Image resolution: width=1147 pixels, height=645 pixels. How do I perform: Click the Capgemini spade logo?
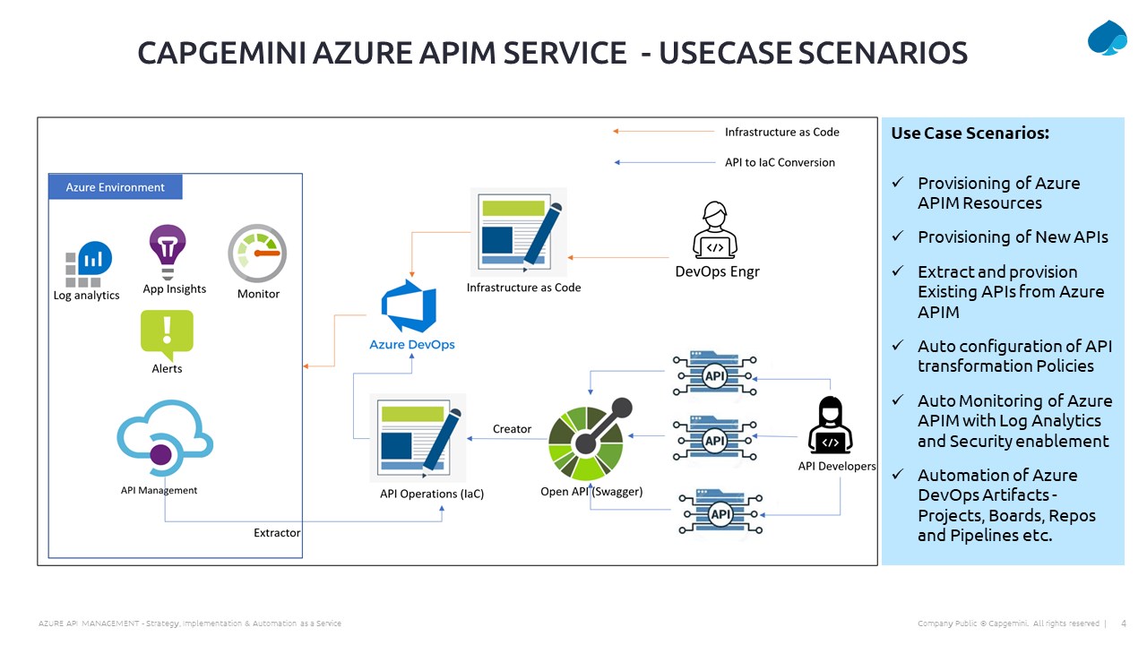[x=1107, y=38]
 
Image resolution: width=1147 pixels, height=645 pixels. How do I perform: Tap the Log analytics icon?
[x=89, y=263]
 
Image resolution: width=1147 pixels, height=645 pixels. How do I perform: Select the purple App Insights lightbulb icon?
[x=168, y=252]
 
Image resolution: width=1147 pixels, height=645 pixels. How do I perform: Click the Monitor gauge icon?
[x=257, y=254]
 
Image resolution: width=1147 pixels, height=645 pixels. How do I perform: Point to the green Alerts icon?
[x=167, y=334]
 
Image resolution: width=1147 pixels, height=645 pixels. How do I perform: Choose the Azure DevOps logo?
[x=409, y=306]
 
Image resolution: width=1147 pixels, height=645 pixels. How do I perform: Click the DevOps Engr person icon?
[x=715, y=230]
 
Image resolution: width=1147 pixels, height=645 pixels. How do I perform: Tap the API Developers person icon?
[x=830, y=425]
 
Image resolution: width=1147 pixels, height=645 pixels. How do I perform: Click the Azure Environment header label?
[x=116, y=187]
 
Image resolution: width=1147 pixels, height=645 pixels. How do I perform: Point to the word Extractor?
[x=277, y=533]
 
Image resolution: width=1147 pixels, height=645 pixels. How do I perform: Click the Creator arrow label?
[x=512, y=429]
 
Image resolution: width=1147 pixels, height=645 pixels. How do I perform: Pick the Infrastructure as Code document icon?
[x=519, y=232]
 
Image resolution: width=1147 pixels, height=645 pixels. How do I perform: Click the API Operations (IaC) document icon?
[x=418, y=438]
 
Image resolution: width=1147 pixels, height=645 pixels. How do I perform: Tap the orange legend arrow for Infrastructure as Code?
[x=664, y=132]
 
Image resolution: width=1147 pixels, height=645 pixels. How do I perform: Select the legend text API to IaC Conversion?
[x=780, y=162]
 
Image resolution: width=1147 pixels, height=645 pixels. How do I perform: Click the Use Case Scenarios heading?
[x=970, y=133]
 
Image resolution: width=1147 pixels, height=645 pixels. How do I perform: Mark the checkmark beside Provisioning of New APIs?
[x=898, y=236]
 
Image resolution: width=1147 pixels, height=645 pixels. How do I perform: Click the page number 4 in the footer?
[x=1124, y=623]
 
